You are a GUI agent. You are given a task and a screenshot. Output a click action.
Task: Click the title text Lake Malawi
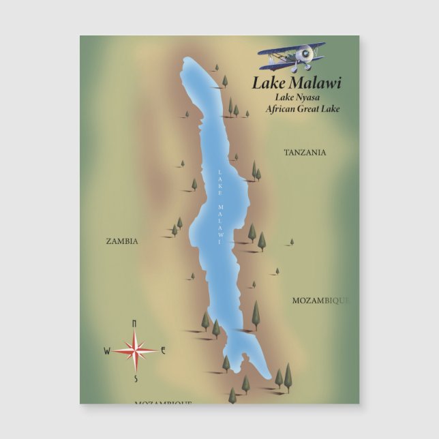pyautogui.click(x=297, y=83)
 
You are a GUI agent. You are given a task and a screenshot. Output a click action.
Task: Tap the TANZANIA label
pyautogui.click(x=305, y=153)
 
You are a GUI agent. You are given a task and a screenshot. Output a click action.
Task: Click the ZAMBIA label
pyautogui.click(x=122, y=241)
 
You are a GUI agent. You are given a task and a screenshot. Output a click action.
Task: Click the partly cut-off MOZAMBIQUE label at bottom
pyautogui.click(x=163, y=402)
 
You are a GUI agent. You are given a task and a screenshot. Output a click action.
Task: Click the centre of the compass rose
pyautogui.click(x=135, y=351)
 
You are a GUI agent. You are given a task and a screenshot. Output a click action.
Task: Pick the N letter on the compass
pyautogui.click(x=134, y=323)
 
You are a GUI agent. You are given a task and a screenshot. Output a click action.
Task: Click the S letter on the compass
pyautogui.click(x=136, y=379)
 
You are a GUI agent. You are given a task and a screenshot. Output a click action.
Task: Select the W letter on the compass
pyautogui.click(x=107, y=351)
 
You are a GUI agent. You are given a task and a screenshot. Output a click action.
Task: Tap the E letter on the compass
pyautogui.click(x=163, y=350)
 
